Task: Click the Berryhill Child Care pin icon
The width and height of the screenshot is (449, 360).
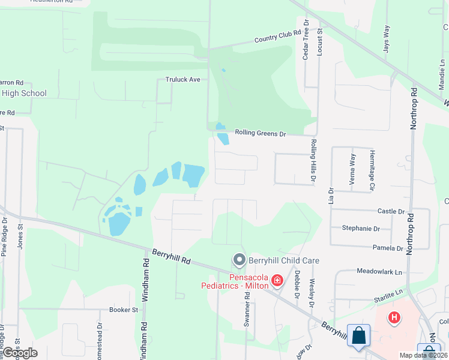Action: coord(239,260)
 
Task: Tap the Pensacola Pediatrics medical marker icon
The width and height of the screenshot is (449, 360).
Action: coord(277,280)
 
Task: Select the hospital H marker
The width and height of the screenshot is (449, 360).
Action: coord(394,317)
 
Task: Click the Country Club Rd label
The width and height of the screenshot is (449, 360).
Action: coord(277,37)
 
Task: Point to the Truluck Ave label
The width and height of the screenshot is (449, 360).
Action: coord(182,79)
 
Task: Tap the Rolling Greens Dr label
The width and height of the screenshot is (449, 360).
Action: coord(261,133)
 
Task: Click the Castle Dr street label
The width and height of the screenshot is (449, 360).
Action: coord(391,211)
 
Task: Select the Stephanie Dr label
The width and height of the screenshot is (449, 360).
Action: coord(361,229)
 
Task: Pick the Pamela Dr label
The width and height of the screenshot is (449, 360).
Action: coord(388,248)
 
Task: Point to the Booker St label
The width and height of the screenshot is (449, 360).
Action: coord(124,310)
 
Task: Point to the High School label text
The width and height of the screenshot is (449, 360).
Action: coord(24,93)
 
